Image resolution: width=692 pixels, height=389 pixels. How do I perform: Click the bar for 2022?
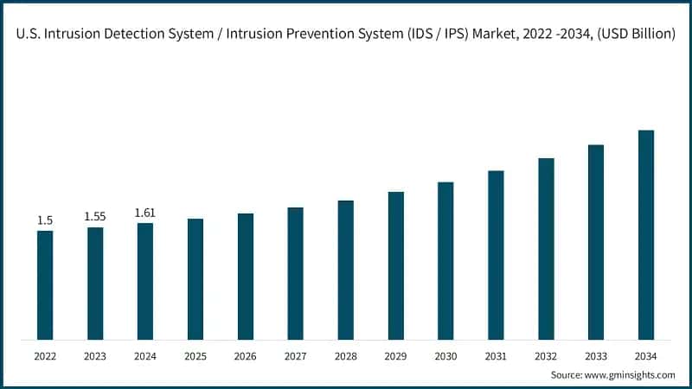point(45,284)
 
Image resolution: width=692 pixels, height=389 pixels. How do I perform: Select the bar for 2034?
point(646,234)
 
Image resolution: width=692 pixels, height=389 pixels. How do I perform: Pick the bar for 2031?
point(496,255)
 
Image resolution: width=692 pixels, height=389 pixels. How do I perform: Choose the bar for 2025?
point(195,278)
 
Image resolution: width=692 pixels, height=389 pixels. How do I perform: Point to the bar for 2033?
point(596,242)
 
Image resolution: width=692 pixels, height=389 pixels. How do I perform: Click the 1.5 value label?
point(45,221)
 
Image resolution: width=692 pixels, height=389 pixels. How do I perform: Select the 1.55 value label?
point(95,216)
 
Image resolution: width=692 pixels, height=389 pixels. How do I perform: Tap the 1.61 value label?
point(145,213)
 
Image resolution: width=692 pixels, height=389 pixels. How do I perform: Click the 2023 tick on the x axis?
point(95,355)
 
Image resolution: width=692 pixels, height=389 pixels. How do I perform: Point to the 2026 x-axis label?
point(246,355)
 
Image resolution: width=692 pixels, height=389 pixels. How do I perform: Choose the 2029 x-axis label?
point(395,355)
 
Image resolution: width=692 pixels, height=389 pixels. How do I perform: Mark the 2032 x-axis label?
point(546,355)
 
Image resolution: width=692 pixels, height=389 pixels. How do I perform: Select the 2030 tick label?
point(445,355)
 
